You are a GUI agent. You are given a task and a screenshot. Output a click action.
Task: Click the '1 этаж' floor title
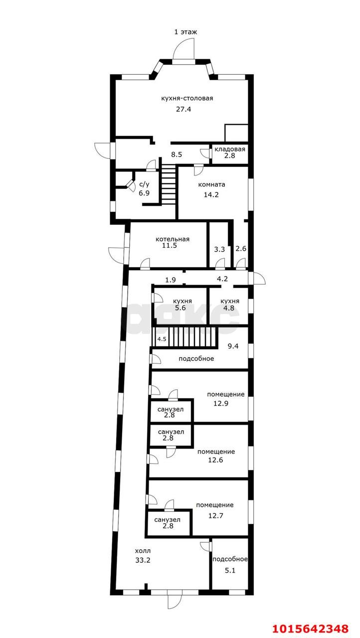click(185, 31)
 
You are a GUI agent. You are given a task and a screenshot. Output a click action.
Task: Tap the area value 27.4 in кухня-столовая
click(183, 109)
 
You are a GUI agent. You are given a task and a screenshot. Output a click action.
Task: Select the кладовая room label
click(229, 149)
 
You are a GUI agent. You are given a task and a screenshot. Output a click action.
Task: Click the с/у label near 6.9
click(145, 184)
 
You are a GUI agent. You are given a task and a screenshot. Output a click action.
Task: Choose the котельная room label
click(173, 239)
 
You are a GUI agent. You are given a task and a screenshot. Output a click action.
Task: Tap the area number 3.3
click(219, 250)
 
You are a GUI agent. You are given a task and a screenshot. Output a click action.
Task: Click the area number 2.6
click(241, 249)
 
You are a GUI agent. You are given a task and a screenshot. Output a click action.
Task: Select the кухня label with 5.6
click(182, 301)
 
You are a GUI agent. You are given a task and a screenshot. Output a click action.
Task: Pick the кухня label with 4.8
click(230, 301)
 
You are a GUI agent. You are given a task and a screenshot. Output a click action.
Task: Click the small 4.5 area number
click(162, 339)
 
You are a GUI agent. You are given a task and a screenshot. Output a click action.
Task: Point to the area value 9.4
click(233, 346)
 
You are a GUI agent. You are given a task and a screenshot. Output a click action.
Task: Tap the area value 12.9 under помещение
click(221, 403)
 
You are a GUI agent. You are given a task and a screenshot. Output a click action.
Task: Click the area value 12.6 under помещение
click(215, 460)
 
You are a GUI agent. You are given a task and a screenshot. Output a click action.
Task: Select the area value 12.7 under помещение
click(215, 515)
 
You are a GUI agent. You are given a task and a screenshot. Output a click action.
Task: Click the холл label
click(143, 551)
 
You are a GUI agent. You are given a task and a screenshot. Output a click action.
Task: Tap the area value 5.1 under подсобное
click(230, 571)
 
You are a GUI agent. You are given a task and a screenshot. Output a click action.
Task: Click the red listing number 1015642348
click(311, 629)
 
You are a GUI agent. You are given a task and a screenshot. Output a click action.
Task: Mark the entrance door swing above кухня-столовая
click(183, 48)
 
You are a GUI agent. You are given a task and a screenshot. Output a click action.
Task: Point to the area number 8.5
click(177, 155)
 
